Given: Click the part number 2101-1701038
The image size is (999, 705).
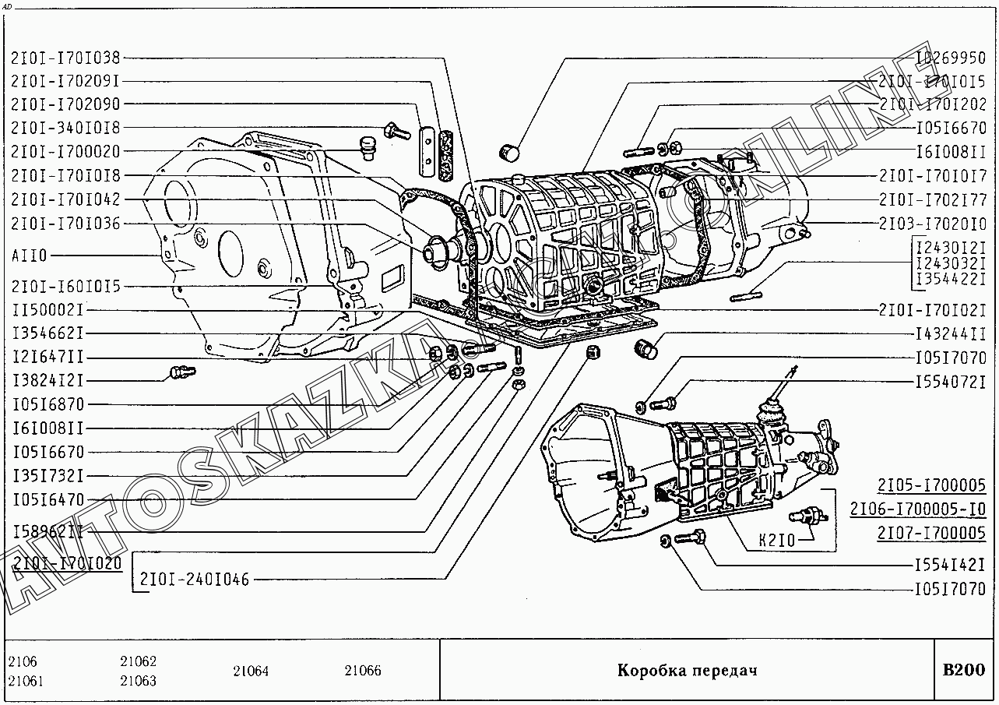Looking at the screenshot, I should (65, 57).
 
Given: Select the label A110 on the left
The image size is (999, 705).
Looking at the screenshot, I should (30, 256).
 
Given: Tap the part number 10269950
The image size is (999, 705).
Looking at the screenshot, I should (950, 58).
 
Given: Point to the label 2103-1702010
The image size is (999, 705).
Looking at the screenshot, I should (932, 224).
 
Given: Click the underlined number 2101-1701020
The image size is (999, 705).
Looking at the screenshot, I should (67, 564).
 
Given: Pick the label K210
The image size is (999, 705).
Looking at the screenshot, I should (776, 540).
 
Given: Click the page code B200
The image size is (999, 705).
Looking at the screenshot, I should (963, 670).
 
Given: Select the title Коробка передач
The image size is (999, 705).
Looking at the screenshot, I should (687, 671).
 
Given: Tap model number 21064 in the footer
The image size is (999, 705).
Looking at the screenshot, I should (250, 671).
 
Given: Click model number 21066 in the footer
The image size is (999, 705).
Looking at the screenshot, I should (363, 671).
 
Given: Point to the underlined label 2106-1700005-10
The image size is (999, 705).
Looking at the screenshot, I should (917, 510).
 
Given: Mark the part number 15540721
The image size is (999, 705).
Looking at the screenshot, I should (950, 383).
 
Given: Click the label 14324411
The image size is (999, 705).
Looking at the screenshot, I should (950, 334).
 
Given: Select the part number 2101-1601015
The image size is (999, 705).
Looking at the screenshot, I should (65, 287).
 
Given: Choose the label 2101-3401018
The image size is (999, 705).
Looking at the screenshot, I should (65, 128).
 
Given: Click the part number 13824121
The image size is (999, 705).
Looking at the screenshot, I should (47, 381).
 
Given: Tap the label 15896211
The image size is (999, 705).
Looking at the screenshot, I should (47, 532).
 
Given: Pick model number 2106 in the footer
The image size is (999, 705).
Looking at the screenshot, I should (23, 662).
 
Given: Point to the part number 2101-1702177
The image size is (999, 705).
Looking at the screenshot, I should (932, 199).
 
